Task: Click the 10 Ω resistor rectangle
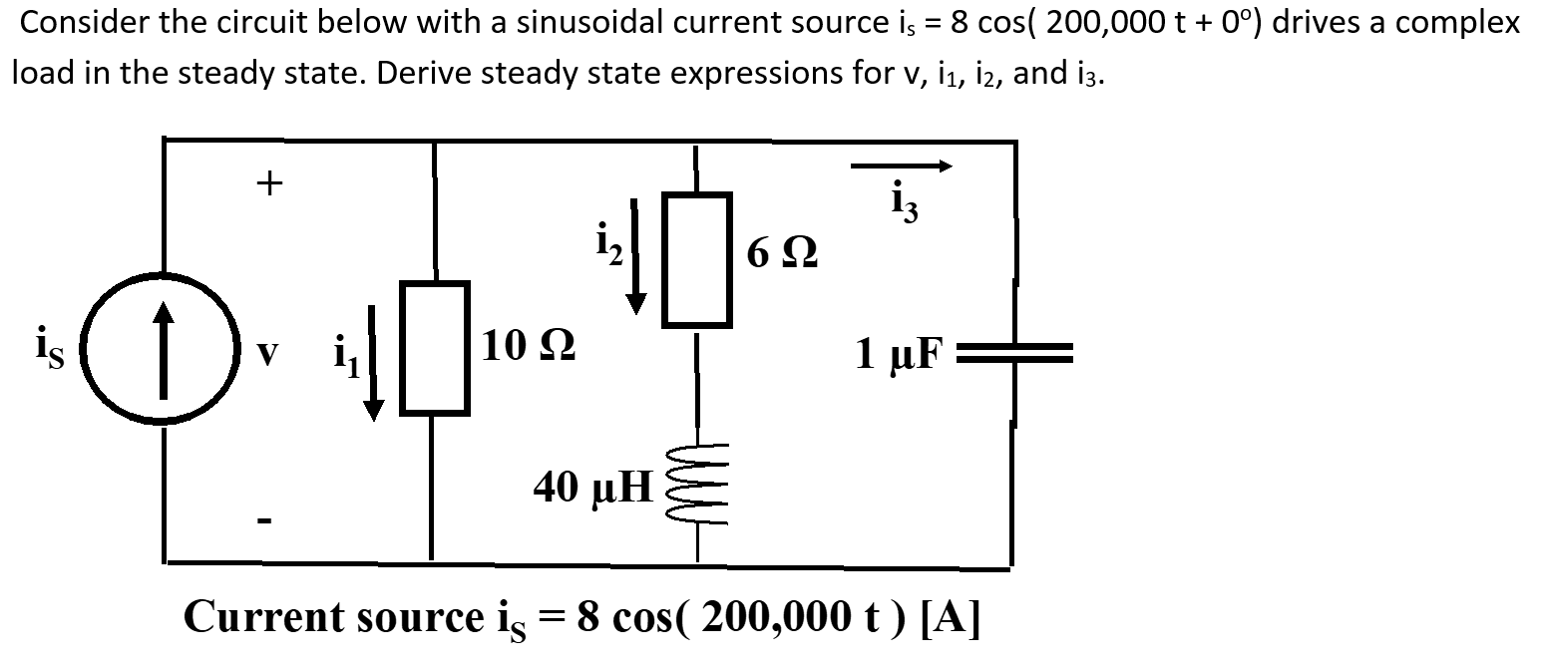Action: (434, 347)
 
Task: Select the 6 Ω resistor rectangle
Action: (696, 259)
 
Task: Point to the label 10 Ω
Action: (527, 347)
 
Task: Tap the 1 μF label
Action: (898, 352)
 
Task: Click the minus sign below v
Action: (267, 519)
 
